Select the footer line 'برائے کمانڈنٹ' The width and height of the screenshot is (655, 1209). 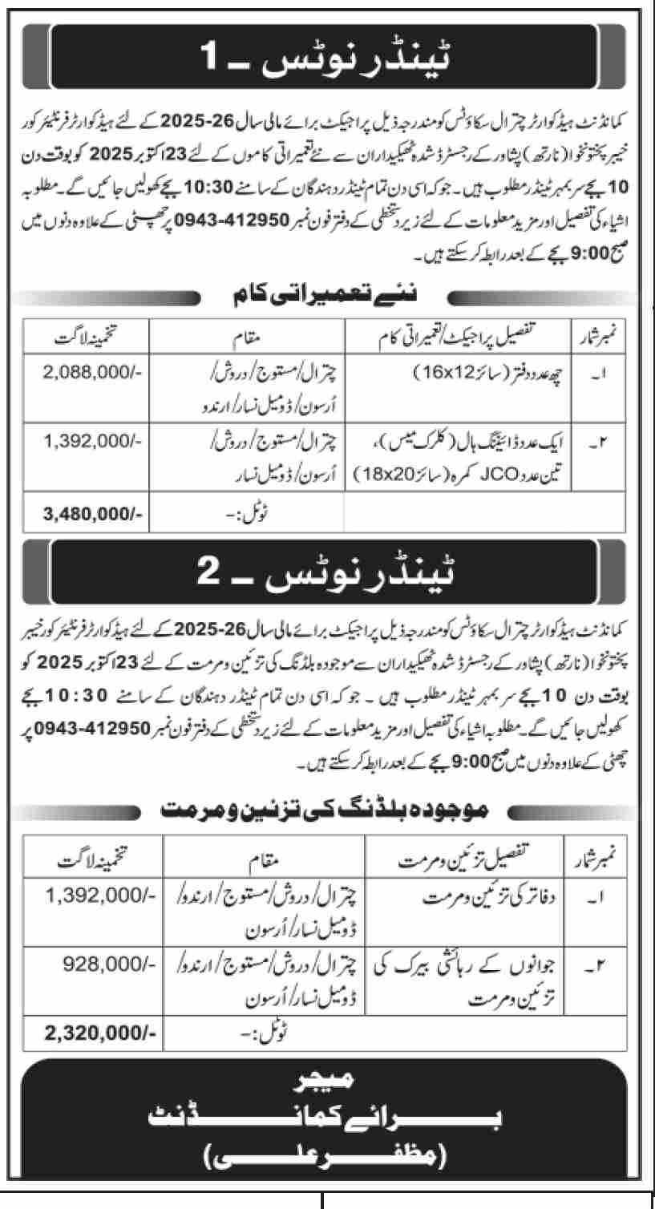(326, 1118)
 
